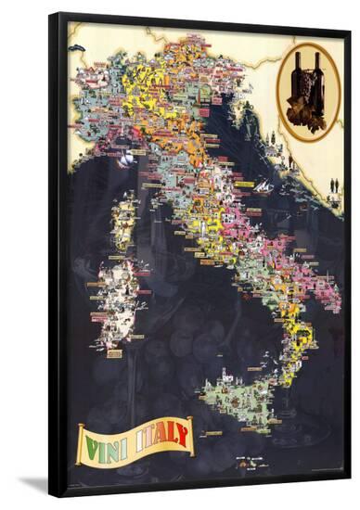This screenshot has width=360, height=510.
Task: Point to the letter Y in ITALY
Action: [184, 433]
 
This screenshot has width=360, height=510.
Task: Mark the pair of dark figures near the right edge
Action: [334, 185]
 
